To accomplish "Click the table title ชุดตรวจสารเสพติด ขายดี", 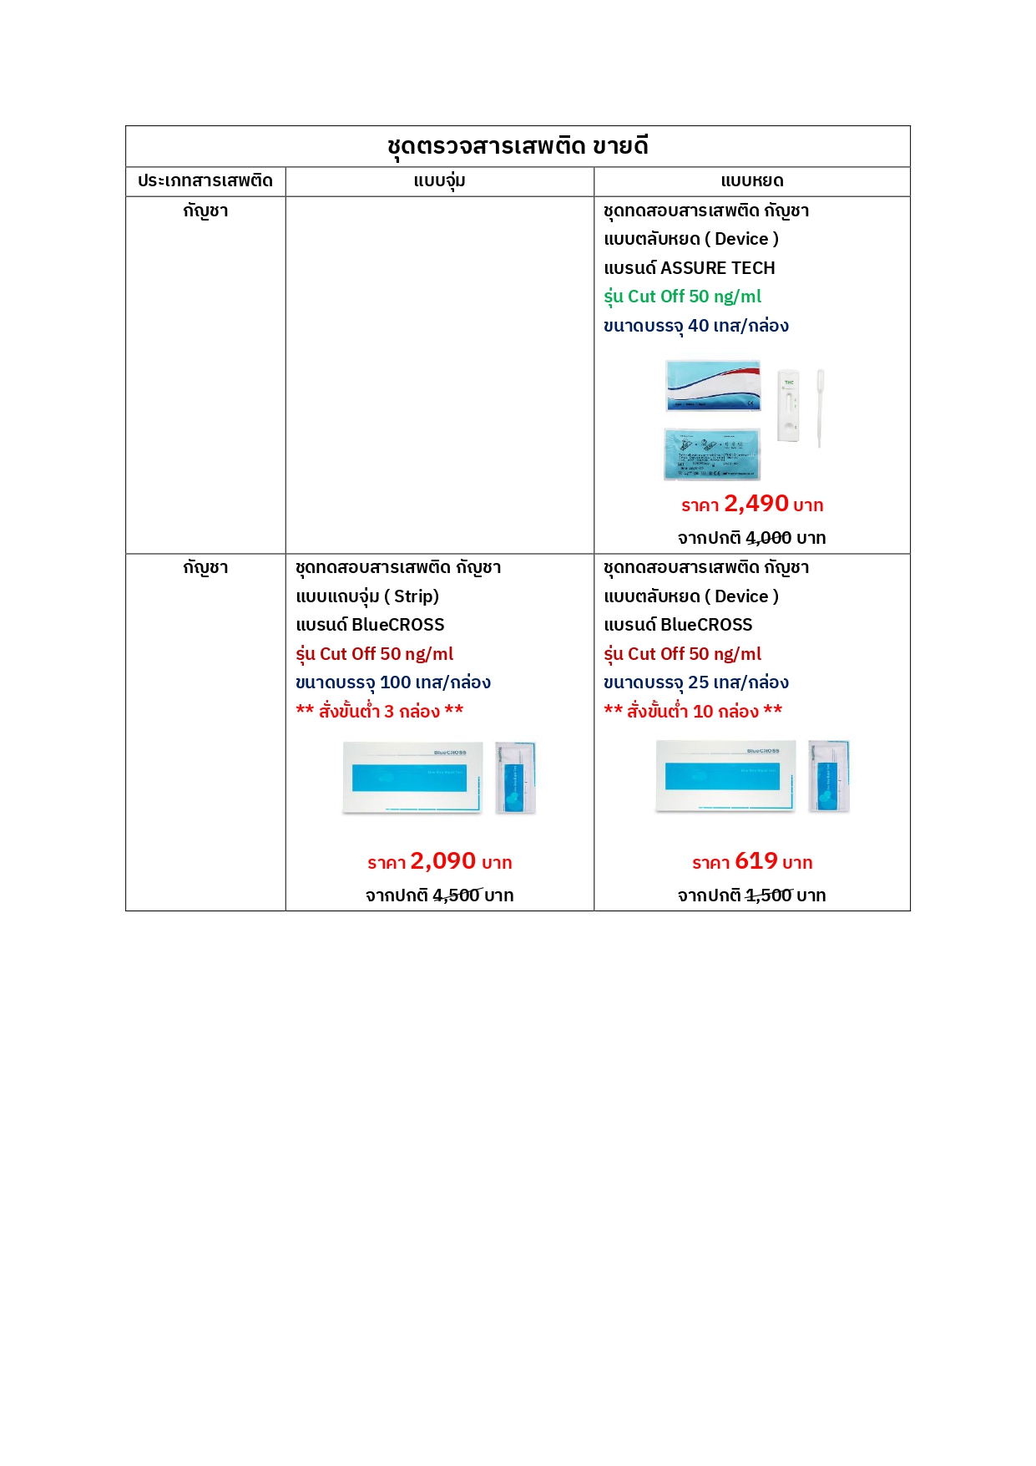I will click(x=518, y=146).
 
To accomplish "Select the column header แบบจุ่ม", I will click(x=439, y=181).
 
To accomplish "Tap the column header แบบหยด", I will click(x=751, y=181).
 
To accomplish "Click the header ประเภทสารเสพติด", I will click(x=205, y=181).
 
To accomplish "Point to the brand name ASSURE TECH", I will click(x=717, y=268).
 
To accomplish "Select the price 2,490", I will click(x=756, y=504).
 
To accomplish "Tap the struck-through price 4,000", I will click(x=768, y=538).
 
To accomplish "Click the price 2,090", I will click(x=442, y=861).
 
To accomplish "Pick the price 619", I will click(x=756, y=861).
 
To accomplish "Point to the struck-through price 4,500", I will click(x=456, y=895).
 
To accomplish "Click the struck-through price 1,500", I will click(x=768, y=895).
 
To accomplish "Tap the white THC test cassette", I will click(x=789, y=405).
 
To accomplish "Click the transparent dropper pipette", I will click(x=821, y=407).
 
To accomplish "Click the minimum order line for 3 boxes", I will click(x=380, y=712).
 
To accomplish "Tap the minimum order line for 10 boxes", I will click(x=693, y=712).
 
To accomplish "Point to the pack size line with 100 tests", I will click(x=393, y=682).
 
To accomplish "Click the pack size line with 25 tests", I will click(x=696, y=682).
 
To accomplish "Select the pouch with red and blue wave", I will click(x=713, y=386).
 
